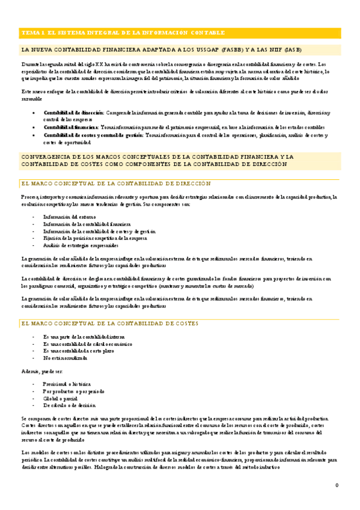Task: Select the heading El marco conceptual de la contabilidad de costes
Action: coord(109,324)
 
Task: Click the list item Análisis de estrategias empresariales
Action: coord(81,245)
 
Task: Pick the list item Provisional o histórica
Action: coord(67,383)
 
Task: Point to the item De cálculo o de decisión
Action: coord(69,405)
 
